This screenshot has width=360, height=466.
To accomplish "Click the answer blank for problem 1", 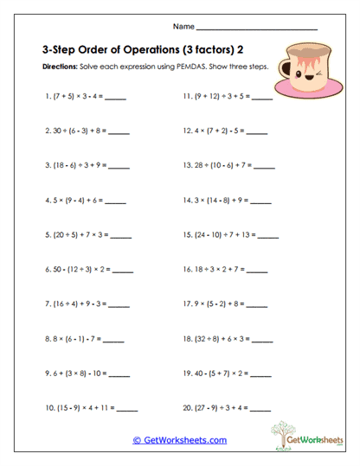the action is [x=116, y=99].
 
